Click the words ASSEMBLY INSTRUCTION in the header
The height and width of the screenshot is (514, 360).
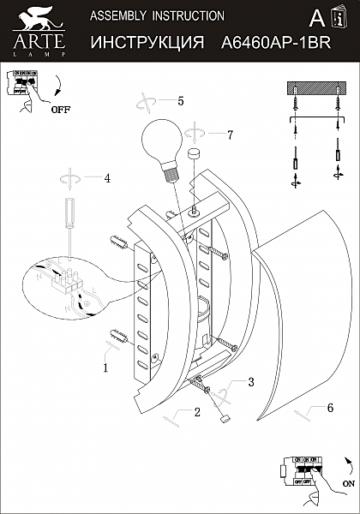157,15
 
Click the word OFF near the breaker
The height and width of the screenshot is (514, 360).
60,110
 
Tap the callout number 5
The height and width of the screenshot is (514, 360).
181,100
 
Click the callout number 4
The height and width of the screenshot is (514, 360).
107,179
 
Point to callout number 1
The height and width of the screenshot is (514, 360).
105,369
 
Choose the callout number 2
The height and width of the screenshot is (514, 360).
196,413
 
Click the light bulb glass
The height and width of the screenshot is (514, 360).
161,140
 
